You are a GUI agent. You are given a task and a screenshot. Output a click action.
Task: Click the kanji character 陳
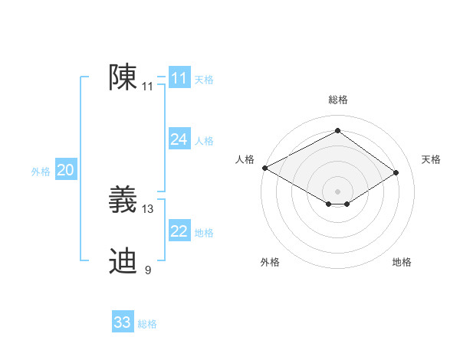[123, 78]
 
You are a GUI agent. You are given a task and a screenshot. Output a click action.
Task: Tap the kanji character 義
[123, 200]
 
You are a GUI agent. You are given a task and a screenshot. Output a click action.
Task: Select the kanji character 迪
[123, 261]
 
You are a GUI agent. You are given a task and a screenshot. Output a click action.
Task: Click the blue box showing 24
[179, 139]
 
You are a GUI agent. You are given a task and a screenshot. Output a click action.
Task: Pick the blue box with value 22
[179, 231]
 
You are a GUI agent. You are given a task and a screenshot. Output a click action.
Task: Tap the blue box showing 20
[65, 170]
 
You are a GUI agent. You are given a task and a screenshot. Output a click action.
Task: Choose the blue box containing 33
[123, 322]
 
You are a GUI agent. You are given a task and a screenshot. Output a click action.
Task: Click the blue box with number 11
[179, 78]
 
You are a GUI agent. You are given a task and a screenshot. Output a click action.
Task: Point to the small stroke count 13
[148, 208]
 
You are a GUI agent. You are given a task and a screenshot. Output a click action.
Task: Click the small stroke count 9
[148, 270]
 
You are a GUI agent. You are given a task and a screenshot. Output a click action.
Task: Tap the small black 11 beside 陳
[148, 87]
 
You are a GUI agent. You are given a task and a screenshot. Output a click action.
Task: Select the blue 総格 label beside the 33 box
[147, 324]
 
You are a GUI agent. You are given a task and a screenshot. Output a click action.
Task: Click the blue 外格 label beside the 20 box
[41, 172]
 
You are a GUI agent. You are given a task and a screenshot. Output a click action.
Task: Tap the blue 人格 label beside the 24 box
[204, 141]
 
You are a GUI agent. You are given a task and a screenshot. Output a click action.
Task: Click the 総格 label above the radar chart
[338, 100]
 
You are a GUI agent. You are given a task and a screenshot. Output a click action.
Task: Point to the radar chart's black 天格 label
[432, 159]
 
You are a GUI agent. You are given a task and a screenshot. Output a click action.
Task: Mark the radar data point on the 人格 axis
[264, 168]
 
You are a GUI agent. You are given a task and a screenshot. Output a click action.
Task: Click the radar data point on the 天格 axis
[396, 173]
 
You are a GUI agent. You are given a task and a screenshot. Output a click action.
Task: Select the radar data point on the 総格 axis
[338, 131]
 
